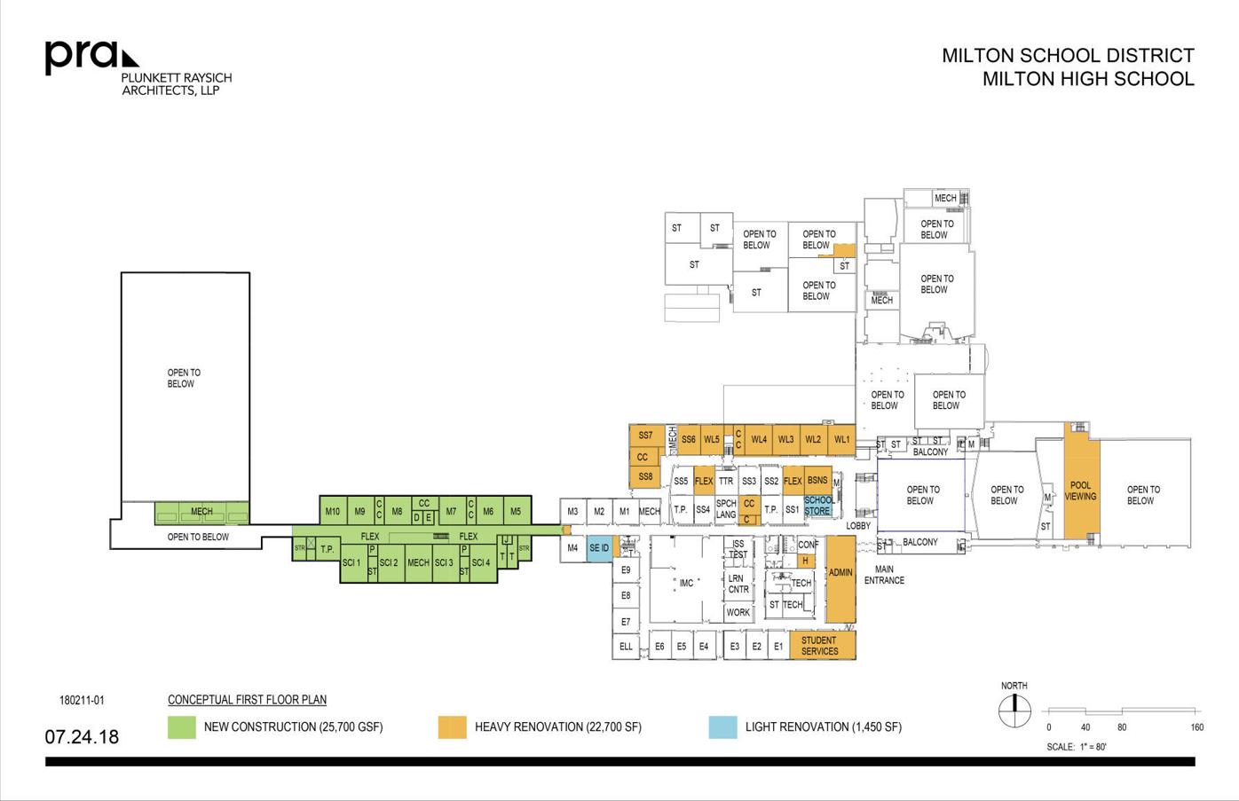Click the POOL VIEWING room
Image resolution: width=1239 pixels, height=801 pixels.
point(1081,491)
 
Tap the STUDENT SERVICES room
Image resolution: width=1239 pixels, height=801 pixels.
point(819,646)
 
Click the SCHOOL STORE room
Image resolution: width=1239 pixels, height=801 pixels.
point(818,506)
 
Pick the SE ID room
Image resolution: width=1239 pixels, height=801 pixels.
point(599,548)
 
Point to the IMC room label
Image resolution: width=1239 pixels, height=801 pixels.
point(686,583)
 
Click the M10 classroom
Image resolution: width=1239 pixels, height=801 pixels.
point(333,511)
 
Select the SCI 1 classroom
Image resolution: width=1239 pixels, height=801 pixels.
point(351,562)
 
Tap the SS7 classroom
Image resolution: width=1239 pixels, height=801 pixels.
point(645,436)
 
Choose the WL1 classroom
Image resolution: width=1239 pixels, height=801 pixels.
point(841,439)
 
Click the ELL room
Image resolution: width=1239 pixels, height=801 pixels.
point(626,647)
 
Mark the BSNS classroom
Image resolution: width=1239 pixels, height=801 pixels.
point(817,480)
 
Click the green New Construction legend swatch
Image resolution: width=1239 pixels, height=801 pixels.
point(181,727)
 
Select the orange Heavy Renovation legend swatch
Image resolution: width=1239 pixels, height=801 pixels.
point(452,727)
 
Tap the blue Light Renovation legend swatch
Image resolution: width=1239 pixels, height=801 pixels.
point(722,727)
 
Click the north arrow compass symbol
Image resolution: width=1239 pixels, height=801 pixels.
point(1014,709)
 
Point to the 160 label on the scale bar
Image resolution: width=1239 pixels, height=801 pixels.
point(1196,727)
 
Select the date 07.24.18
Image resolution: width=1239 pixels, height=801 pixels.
point(82,737)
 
